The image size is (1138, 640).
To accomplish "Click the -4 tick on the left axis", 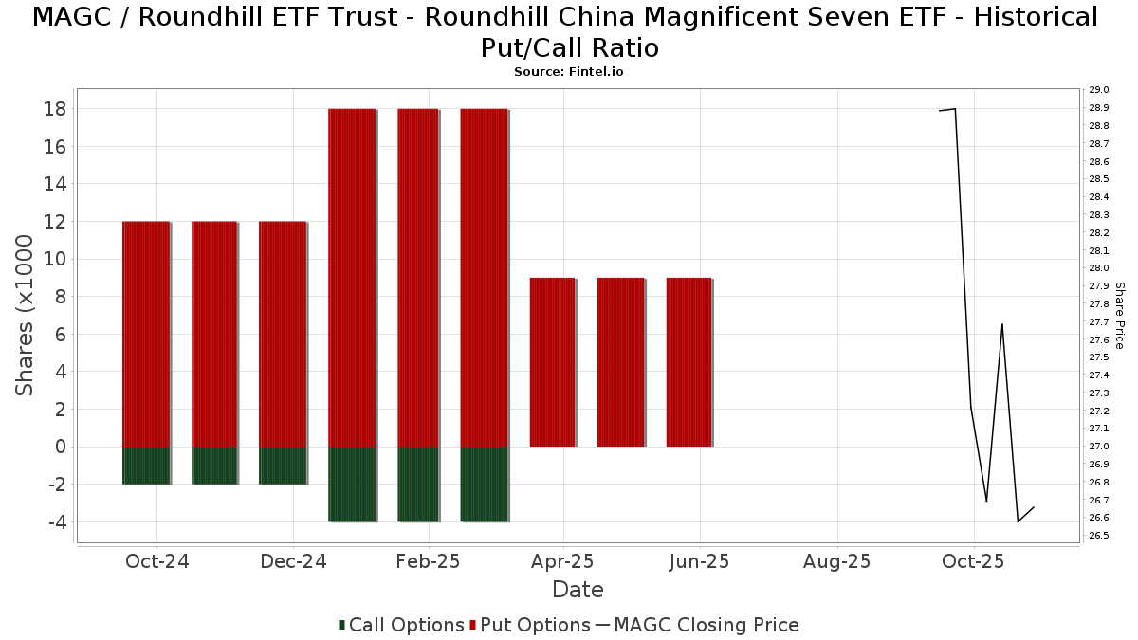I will pyautogui.click(x=56, y=522).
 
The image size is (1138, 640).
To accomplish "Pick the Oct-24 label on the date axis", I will pyautogui.click(x=157, y=561).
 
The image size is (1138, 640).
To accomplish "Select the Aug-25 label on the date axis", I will pyautogui.click(x=836, y=561).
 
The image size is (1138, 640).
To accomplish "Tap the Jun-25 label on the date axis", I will pyautogui.click(x=700, y=561).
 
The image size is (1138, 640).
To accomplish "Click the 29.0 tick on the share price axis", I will pyautogui.click(x=1099, y=90).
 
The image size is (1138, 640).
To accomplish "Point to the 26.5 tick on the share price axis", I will pyautogui.click(x=1099, y=536).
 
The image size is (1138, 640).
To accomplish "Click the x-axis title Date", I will pyautogui.click(x=578, y=590).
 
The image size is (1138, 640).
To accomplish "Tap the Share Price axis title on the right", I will pyautogui.click(x=1119, y=316).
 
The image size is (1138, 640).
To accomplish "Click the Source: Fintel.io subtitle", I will pyautogui.click(x=569, y=72).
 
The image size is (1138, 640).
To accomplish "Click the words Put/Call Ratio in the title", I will pyautogui.click(x=569, y=47).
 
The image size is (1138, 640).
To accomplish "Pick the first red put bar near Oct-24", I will pyautogui.click(x=146, y=334).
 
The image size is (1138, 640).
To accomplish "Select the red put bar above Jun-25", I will pyautogui.click(x=689, y=362).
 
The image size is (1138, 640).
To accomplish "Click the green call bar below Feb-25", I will pyautogui.click(x=418, y=484).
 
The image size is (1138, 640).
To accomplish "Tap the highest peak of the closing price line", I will pyautogui.click(x=955, y=108).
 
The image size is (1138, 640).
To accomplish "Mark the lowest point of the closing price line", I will pyautogui.click(x=1018, y=521).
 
